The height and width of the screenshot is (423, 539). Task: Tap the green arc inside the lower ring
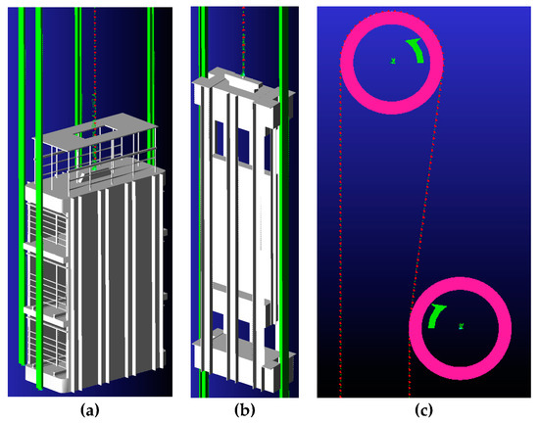(433, 316)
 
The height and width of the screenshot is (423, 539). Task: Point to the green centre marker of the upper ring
(392, 62)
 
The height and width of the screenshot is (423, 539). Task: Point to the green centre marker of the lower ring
(460, 327)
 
